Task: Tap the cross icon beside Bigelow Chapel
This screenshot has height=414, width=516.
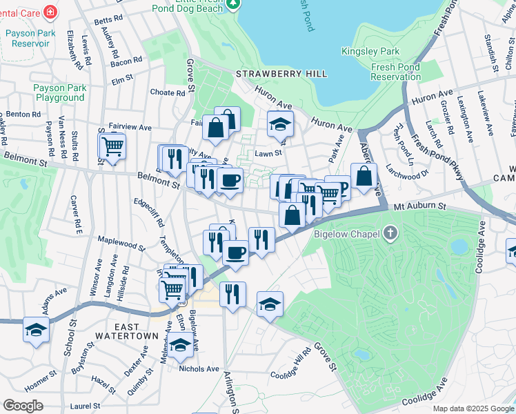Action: click(x=392, y=233)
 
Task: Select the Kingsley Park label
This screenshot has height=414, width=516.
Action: click(x=370, y=52)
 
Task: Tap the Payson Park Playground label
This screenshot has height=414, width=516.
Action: click(x=60, y=93)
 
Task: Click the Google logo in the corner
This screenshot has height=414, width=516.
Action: click(x=23, y=405)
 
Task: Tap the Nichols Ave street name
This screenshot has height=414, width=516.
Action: click(x=198, y=369)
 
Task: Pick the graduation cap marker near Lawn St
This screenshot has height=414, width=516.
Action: click(x=280, y=124)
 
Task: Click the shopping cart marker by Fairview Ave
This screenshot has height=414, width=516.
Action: click(x=112, y=146)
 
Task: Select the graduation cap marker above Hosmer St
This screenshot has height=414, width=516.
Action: click(x=36, y=330)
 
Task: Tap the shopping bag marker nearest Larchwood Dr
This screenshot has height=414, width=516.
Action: click(x=364, y=176)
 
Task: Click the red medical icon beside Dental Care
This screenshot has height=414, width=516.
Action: click(x=50, y=12)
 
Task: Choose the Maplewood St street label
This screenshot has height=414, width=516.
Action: click(x=121, y=244)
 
